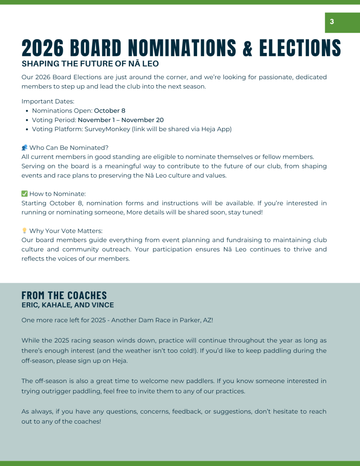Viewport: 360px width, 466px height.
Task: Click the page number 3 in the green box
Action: pos(332,22)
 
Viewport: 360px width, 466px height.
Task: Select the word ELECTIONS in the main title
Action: pos(300,48)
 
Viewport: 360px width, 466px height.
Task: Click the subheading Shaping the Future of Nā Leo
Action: pos(90,64)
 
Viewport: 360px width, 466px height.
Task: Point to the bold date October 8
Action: pos(110,111)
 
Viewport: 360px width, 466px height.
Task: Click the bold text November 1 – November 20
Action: pos(121,120)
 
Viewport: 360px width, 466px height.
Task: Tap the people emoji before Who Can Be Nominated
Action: pos(25,148)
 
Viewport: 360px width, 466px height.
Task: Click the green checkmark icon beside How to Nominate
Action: pos(25,194)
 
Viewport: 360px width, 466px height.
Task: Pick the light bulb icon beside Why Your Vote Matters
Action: pos(25,231)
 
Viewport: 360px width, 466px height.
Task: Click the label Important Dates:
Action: pos(48,101)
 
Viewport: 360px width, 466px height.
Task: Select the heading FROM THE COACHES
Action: pos(64,295)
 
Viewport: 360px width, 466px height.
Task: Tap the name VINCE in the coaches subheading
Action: pos(102,305)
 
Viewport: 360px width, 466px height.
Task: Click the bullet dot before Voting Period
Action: pos(27,120)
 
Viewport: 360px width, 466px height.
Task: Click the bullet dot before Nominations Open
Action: pos(27,111)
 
